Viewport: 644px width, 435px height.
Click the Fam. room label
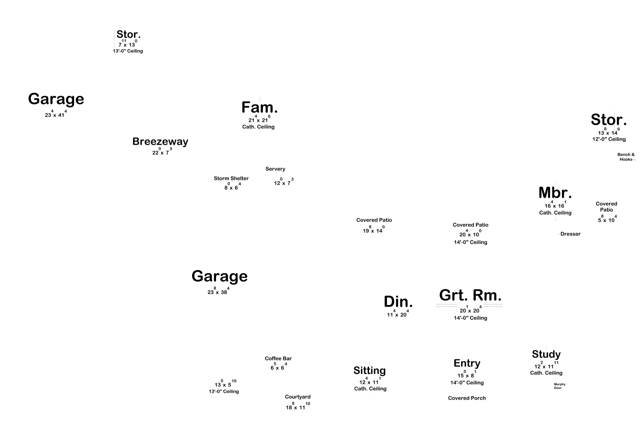coord(259,108)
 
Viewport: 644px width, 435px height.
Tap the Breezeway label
coord(160,141)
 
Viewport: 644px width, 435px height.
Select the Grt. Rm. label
coord(470,295)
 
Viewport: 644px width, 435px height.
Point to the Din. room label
coord(398,302)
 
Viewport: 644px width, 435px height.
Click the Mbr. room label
coord(555,193)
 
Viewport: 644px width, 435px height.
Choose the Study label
coord(546,354)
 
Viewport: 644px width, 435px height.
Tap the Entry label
coord(467,364)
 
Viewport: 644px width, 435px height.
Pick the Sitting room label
coord(369,370)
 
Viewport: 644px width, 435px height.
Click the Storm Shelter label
coord(231,178)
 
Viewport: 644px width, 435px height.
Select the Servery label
coord(275,169)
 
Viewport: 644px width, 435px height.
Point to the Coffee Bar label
coord(278,359)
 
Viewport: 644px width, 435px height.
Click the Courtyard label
coord(298,397)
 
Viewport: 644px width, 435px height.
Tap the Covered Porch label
coord(467,398)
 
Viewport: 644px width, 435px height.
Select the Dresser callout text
coord(570,234)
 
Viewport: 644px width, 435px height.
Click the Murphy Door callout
coord(559,386)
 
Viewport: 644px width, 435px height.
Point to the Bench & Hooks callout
coord(626,157)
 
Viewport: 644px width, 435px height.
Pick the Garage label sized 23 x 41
coord(56,99)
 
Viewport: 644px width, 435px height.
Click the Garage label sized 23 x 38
coord(219,276)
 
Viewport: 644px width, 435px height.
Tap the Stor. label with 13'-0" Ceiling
coord(129,35)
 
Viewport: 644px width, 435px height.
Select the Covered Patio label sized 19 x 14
coord(374,220)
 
